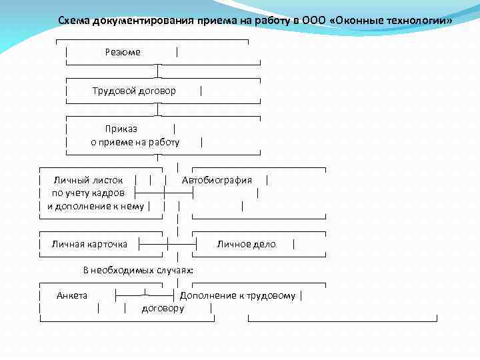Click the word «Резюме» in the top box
pyautogui.click(x=123, y=52)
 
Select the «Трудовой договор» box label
pyautogui.click(x=134, y=90)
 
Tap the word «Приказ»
pyautogui.click(x=121, y=129)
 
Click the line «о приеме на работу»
pyautogui.click(x=135, y=142)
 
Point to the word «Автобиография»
pyautogui.click(x=217, y=179)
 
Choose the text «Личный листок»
pyautogui.click(x=88, y=179)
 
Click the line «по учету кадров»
pyautogui.click(x=88, y=193)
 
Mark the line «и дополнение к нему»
pyautogui.click(x=95, y=206)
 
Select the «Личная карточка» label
pyautogui.click(x=89, y=244)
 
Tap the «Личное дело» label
pyautogui.click(x=246, y=244)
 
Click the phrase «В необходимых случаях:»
pyautogui.click(x=138, y=270)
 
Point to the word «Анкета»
pyautogui.click(x=72, y=295)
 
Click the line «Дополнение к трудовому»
pyautogui.click(x=237, y=295)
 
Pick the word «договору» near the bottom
pyautogui.click(x=163, y=308)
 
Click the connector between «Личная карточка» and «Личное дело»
pyautogui.click(x=167, y=244)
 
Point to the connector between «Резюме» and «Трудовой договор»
pyautogui.click(x=158, y=71)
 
